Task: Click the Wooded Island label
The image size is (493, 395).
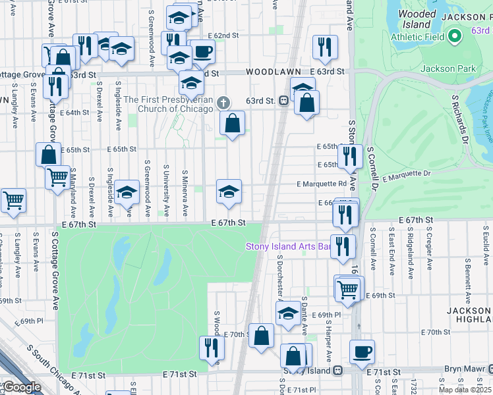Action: (x=417, y=19)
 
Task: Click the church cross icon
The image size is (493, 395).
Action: (x=224, y=102)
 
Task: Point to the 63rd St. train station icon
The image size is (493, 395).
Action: (x=283, y=101)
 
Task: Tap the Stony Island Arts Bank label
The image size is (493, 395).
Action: (x=287, y=247)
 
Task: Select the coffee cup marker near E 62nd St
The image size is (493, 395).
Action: (x=203, y=51)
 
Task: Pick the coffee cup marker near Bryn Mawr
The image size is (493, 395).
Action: (x=362, y=351)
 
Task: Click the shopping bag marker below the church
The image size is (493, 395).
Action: (x=233, y=122)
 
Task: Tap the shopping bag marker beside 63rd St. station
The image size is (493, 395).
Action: (x=307, y=102)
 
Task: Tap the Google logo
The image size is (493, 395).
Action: (x=22, y=387)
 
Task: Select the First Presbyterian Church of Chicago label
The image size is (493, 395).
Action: (x=169, y=104)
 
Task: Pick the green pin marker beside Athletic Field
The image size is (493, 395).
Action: (x=454, y=37)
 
